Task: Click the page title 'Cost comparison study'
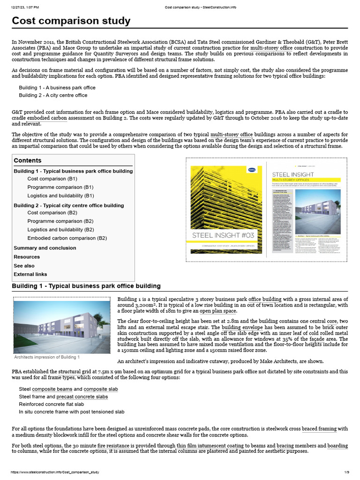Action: point(71,21)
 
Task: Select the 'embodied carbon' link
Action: point(47,118)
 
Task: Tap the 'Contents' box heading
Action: point(28,160)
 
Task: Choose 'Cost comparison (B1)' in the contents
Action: point(52,179)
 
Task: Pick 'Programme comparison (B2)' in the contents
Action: point(60,221)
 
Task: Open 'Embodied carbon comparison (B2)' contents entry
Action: point(67,238)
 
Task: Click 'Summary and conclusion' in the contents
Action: point(45,248)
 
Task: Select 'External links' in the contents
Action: point(30,274)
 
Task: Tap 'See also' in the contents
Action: point(24,265)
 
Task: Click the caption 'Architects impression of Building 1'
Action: point(47,357)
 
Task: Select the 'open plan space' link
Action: point(218,311)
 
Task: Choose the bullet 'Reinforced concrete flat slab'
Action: point(51,404)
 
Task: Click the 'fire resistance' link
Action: point(116,445)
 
